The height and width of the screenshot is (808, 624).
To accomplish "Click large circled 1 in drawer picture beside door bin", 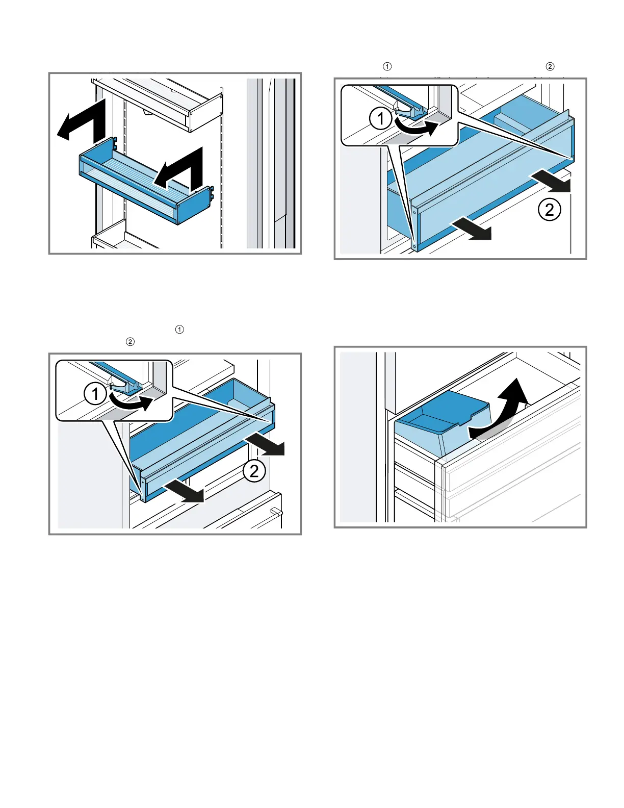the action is [x=380, y=119].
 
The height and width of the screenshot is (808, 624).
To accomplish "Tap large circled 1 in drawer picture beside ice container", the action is [x=95, y=394].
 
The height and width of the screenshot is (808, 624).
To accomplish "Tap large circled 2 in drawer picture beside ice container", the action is [x=254, y=471].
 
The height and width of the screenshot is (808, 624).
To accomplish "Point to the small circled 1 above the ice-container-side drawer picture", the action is [x=179, y=330].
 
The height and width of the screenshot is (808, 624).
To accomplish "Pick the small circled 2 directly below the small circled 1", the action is [x=130, y=342].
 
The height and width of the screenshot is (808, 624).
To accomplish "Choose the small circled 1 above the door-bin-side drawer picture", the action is [x=387, y=66].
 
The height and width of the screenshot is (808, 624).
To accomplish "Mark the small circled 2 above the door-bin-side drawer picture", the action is [x=550, y=66].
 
